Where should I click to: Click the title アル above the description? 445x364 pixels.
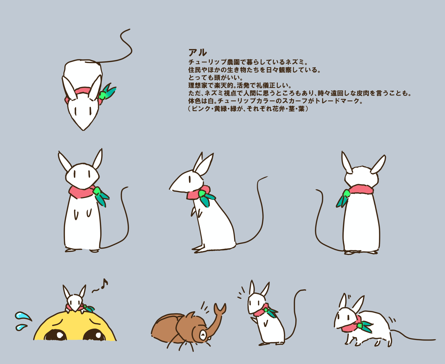[198, 53]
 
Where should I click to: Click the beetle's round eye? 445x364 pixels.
[203, 335]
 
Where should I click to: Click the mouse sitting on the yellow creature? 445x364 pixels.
[76, 299]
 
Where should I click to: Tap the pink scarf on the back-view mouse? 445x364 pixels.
[361, 189]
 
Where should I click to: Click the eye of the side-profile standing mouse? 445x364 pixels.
[190, 179]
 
